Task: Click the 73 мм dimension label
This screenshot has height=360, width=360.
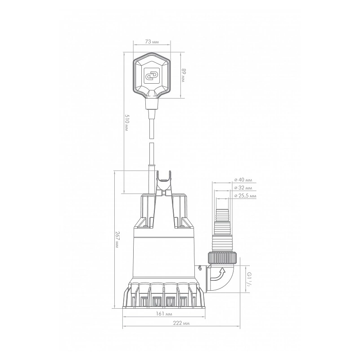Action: click(152, 42)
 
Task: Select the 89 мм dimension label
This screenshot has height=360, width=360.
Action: click(184, 75)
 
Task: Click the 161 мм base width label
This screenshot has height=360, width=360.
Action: click(164, 314)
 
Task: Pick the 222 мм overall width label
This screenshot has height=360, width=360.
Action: click(181, 323)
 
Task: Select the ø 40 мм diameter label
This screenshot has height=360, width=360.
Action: click(243, 180)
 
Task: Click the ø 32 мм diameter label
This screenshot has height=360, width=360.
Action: click(243, 188)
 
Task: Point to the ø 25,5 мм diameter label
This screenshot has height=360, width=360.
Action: click(245, 196)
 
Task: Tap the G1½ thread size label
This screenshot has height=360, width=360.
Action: click(249, 279)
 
